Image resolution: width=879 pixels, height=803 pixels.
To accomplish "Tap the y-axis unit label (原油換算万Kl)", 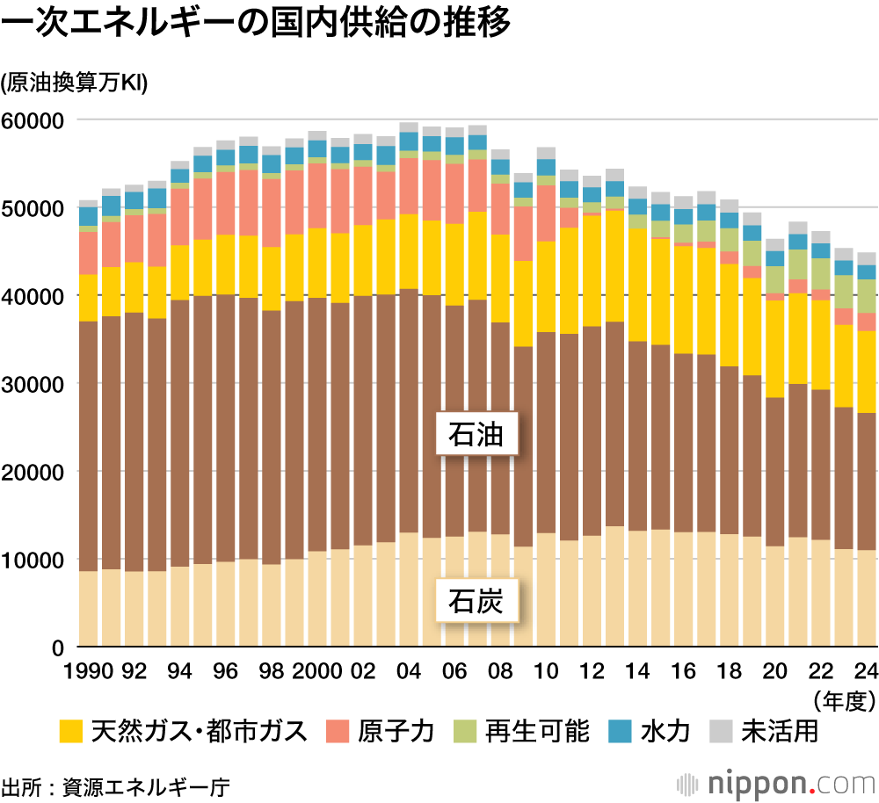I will pos(75,83).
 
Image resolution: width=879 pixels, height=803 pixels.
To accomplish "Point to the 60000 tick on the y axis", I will pos(34,120).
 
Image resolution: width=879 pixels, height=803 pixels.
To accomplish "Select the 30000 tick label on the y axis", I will pos(34,384).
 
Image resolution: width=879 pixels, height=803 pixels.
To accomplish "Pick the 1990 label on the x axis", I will pos(89,671).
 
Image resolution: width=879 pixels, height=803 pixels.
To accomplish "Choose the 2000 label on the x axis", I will pos(317,671).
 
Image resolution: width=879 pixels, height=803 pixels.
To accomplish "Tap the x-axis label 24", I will pos(866,671).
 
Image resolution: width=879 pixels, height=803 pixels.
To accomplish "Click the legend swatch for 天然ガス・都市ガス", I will pos(71,731).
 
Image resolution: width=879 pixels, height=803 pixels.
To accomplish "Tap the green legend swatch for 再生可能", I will pos(464,731).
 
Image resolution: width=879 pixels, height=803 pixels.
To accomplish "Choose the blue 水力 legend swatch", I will pos(620,731).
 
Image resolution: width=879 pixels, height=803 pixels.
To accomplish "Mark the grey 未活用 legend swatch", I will pos(722,731).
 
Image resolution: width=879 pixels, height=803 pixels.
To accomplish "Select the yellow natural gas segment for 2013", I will pos(615,266).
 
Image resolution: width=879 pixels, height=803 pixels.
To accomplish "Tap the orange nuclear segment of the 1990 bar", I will pos(89,253).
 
